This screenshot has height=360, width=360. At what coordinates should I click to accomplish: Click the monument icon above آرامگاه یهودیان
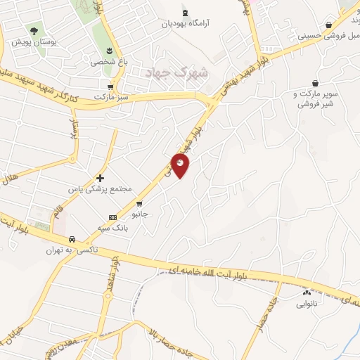point(185,13)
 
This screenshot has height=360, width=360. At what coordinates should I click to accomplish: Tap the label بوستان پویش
point(34,41)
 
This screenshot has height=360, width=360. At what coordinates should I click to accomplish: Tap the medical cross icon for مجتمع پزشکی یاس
point(100,179)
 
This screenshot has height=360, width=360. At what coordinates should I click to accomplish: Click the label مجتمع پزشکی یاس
point(91,189)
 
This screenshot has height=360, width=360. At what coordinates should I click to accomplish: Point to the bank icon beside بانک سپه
point(112,217)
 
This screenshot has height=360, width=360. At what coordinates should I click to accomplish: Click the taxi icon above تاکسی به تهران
point(72,240)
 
